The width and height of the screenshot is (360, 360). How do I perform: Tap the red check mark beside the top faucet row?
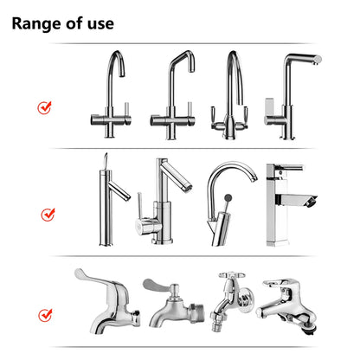(x=45, y=107)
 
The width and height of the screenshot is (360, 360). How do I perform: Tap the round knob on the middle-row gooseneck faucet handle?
(x=227, y=198)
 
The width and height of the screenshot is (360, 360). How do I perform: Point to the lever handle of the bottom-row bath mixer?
(x=285, y=283)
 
